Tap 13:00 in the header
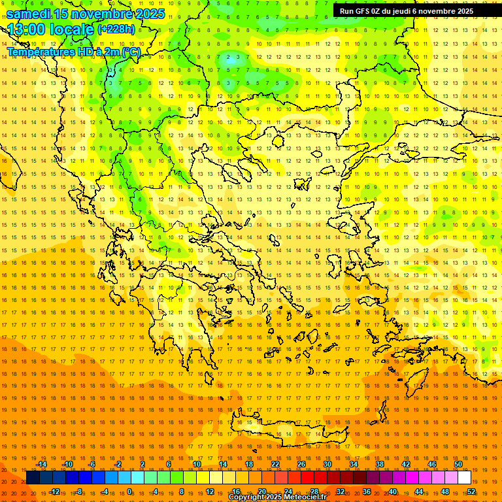pos(26,30)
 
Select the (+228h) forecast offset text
pos(116,29)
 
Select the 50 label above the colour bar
pos(458,464)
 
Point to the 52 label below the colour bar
pos(471,492)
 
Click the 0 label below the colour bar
pos(129,492)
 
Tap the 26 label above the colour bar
pos(301,464)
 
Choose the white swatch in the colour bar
pos(464,478)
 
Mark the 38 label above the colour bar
pos(379,464)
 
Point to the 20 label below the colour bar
pos(261,492)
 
